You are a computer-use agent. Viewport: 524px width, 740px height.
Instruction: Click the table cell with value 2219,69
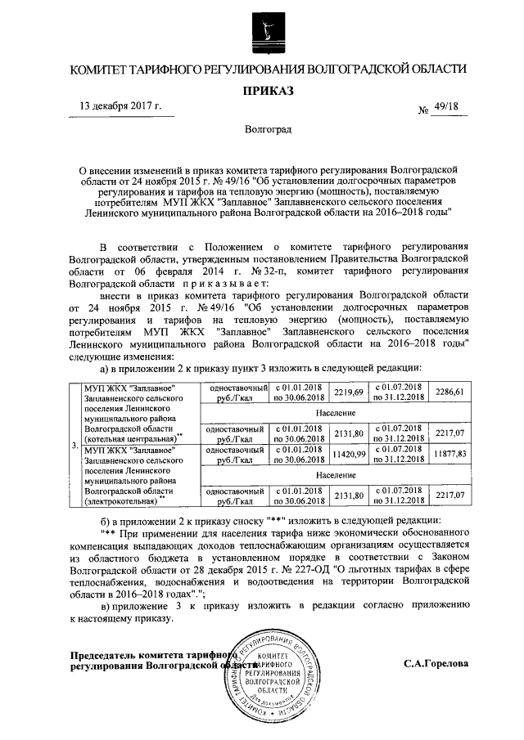[x=347, y=392]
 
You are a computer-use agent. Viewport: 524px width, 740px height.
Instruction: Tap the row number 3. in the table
[x=75, y=446]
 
